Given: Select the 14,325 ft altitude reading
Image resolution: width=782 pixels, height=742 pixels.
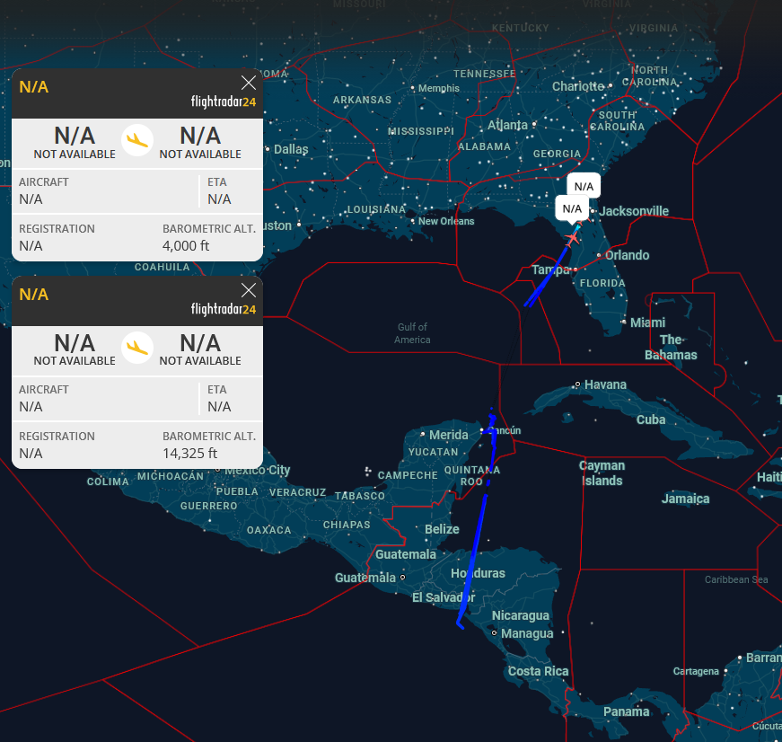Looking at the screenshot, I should tap(189, 453).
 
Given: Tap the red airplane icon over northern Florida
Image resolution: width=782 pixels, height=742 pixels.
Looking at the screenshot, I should tap(572, 237).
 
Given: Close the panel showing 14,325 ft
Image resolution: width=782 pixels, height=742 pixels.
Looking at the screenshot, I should tap(249, 290).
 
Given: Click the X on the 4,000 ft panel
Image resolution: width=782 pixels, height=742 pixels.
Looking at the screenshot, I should tap(249, 83).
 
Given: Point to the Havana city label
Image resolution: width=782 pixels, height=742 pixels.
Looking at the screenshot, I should tap(605, 384).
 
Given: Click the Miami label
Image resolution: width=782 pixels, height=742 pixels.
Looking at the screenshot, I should tap(647, 322).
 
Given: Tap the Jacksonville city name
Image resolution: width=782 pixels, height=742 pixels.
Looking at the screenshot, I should tap(634, 211).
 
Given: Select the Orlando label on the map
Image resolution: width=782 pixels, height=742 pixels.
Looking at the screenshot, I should tap(627, 255).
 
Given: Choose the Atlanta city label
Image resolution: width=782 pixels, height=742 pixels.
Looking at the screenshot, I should tap(507, 125).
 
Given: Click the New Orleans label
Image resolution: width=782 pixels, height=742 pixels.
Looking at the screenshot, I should tap(446, 221).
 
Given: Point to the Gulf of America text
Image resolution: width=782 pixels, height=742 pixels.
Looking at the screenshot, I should tap(412, 333).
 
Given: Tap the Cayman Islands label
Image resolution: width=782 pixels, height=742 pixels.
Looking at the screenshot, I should tap(602, 473).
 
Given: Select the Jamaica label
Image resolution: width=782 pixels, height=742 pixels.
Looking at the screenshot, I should tap(686, 499).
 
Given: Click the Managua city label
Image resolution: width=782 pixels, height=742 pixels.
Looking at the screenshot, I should tap(527, 633).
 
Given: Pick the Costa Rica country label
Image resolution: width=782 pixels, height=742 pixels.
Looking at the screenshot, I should tap(538, 671).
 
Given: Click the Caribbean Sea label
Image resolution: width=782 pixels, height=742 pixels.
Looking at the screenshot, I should tap(736, 579).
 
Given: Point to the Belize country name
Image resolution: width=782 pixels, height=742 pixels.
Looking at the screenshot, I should tap(442, 529).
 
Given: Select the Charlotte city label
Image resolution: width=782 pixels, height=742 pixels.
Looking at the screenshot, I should tap(578, 86).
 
